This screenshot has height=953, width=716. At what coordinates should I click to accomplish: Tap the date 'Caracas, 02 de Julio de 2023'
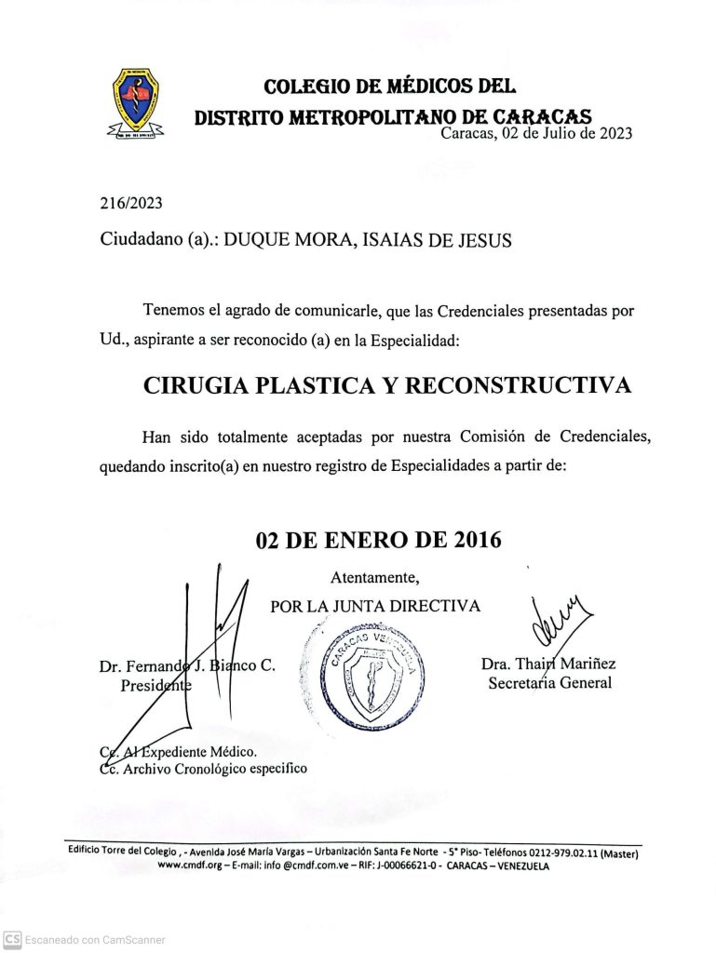pyautogui.click(x=536, y=132)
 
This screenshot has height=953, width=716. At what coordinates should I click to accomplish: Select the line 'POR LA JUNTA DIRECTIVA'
pyautogui.click(x=375, y=606)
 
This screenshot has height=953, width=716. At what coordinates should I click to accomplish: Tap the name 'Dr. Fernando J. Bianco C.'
pyautogui.click(x=185, y=666)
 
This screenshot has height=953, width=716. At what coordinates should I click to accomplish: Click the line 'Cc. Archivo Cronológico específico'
pyautogui.click(x=203, y=768)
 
